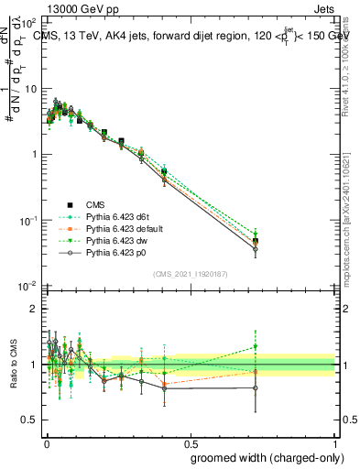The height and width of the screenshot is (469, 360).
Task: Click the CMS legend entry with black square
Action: pyautogui.click(x=95, y=203)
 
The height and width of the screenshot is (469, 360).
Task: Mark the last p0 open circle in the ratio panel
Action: pyautogui.click(x=256, y=387)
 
